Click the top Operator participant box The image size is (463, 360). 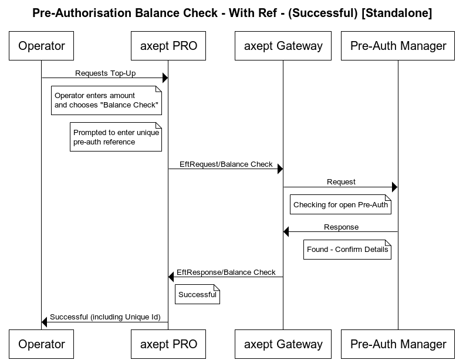pos(42,46)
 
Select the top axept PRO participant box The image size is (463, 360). pos(168,46)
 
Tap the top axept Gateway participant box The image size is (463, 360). pos(283,46)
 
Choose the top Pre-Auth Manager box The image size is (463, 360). pos(398,46)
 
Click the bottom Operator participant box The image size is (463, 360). pos(42,344)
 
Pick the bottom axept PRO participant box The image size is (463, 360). pos(168,344)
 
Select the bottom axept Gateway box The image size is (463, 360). pos(283,344)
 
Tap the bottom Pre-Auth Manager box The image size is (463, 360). pos(398,344)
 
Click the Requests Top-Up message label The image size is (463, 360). pos(105,73)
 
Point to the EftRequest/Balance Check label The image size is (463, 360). pos(226,164)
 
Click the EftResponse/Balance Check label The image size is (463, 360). pos(226,272)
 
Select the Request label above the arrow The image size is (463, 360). pos(341,182)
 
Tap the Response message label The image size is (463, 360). pos(341,227)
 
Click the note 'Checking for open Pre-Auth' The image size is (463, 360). pos(340,205)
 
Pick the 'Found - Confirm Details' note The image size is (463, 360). pos(347,250)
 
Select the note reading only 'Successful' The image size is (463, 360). pos(197,294)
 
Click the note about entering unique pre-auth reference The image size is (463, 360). pos(116,137)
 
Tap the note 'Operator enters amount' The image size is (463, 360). pos(106,100)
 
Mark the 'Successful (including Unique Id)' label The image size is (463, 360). pos(105,317)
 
